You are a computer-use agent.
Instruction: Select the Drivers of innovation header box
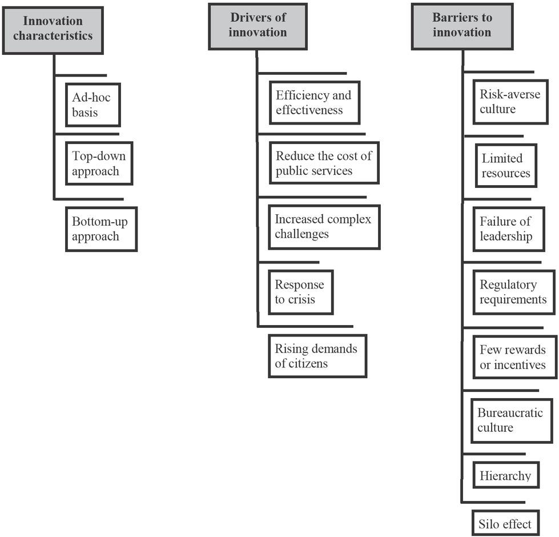tap(258, 26)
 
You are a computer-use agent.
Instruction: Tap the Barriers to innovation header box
tap(461, 26)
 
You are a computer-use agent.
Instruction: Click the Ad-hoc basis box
tap(93, 105)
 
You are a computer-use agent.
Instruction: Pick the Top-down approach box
tap(99, 163)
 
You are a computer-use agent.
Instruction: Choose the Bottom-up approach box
tap(101, 229)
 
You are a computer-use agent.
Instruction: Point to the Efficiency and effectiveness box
tap(314, 102)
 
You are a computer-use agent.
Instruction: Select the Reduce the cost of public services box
tap(324, 163)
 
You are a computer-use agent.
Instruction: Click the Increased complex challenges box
tap(324, 227)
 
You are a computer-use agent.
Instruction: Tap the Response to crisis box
tap(300, 292)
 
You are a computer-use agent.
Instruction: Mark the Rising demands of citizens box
tap(317, 356)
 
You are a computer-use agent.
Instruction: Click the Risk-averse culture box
tap(510, 102)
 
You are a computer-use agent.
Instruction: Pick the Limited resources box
tap(506, 166)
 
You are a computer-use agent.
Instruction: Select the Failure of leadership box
tap(508, 229)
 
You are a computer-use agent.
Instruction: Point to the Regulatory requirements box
tap(513, 292)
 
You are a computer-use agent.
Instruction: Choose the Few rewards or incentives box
tap(514, 357)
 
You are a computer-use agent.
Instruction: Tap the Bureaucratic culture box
tap(511, 420)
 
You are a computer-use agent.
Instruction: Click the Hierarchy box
tap(506, 475)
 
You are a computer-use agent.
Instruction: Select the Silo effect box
tap(506, 523)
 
